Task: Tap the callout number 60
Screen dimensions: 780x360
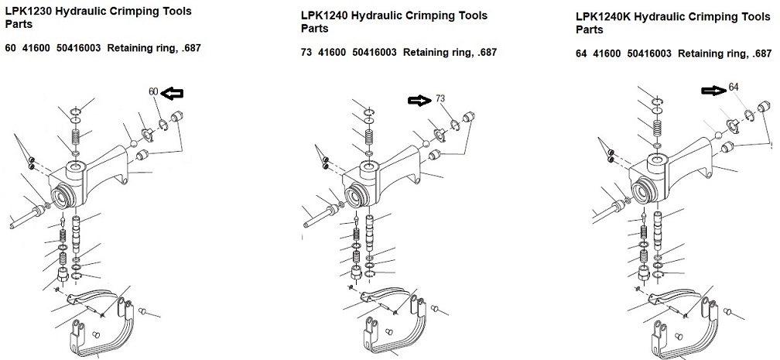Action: click(153, 91)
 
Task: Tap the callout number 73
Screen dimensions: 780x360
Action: click(440, 98)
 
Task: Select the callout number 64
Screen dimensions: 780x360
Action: click(734, 87)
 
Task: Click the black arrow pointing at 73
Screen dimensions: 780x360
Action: click(420, 101)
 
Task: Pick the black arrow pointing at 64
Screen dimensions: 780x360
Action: click(713, 90)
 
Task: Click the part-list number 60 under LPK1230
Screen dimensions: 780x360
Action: click(11, 48)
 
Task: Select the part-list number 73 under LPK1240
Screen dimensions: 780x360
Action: click(306, 53)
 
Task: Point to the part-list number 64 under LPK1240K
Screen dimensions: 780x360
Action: click(582, 53)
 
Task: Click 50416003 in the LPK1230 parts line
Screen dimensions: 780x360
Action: click(79, 48)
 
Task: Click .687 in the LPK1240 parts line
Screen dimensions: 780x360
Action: click(487, 53)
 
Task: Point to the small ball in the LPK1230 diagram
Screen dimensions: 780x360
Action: click(133, 144)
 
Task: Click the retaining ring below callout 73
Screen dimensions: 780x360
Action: click(454, 125)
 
